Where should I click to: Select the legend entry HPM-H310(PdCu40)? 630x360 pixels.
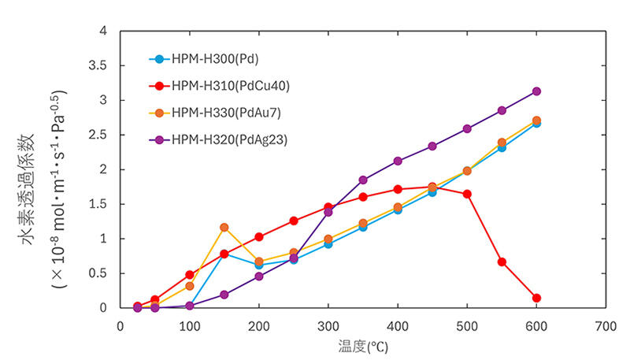click(224, 86)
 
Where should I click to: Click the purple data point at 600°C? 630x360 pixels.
click(536, 91)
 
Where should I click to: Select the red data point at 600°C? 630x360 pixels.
click(536, 298)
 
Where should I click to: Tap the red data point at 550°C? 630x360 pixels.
click(502, 262)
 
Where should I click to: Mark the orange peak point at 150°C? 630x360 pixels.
click(224, 227)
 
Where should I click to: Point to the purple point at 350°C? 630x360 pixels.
click(363, 180)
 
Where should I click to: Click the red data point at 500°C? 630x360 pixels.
click(467, 194)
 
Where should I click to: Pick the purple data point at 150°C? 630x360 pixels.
click(224, 295)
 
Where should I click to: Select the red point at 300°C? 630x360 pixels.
click(328, 207)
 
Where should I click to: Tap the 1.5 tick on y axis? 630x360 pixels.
click(99, 204)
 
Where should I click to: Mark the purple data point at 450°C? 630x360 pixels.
click(432, 146)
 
